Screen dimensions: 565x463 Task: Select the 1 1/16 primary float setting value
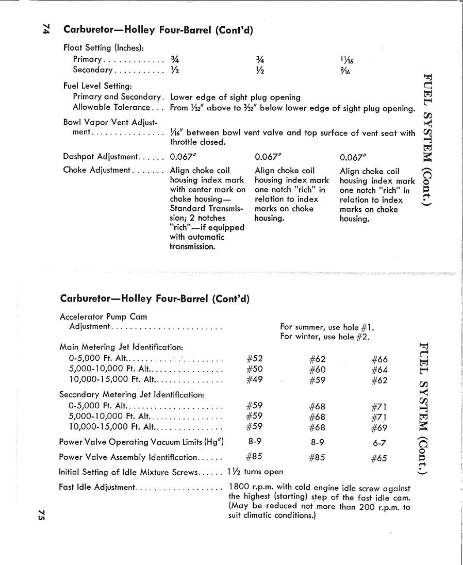[x=346, y=60]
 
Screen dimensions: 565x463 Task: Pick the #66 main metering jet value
[x=379, y=360]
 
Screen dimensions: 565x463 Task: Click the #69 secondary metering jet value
[x=379, y=427]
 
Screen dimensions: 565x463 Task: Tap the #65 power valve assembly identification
[x=379, y=458]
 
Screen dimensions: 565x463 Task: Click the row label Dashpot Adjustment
[x=101, y=157]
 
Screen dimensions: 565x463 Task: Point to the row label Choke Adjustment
[x=97, y=171]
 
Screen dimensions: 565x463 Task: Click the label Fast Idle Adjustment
[x=97, y=487]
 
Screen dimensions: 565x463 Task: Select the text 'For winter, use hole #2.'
[x=325, y=337]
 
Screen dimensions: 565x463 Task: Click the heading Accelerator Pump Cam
[x=103, y=317]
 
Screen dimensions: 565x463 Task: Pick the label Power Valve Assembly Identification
[x=129, y=457]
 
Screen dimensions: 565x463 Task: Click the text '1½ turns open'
[x=255, y=472]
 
